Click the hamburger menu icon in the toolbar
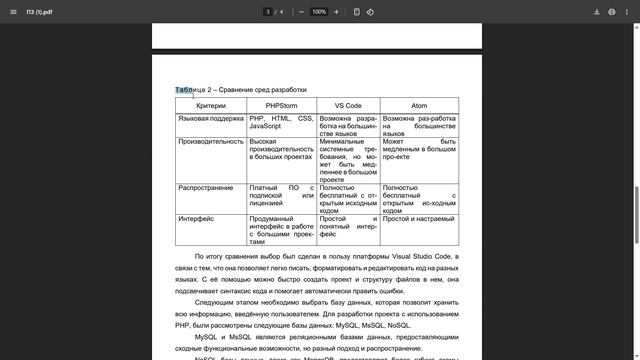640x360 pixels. pyautogui.click(x=12, y=12)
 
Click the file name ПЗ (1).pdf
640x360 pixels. pyautogui.click(x=40, y=12)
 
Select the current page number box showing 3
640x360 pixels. pyautogui.click(x=268, y=12)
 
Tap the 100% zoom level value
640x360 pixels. pyautogui.click(x=319, y=12)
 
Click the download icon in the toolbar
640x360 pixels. pyautogui.click(x=597, y=12)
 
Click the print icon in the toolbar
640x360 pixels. pyautogui.click(x=612, y=12)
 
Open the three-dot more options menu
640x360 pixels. pyautogui.click(x=628, y=12)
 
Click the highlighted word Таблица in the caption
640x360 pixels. pyautogui.click(x=189, y=90)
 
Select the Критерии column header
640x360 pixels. pyautogui.click(x=211, y=105)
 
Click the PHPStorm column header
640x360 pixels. pyautogui.click(x=281, y=105)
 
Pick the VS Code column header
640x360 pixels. pyautogui.click(x=347, y=105)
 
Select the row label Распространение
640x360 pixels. pyautogui.click(x=206, y=187)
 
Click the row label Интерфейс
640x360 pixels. pyautogui.click(x=196, y=218)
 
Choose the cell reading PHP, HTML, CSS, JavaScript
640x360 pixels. pyautogui.click(x=281, y=122)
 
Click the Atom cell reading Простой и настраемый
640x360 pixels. pyautogui.click(x=418, y=218)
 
